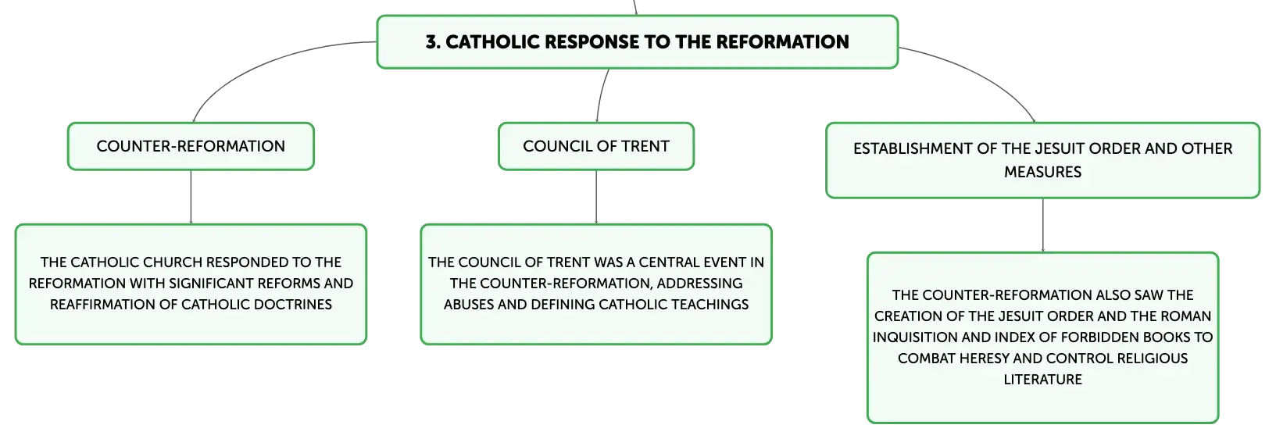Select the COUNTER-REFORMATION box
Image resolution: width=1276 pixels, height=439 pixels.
point(191,146)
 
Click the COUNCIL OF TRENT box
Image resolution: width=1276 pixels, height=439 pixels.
point(596,146)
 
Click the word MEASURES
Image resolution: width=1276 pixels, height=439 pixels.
point(1042,172)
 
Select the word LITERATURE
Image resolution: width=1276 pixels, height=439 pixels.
point(1042,379)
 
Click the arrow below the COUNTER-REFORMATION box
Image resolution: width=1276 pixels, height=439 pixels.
point(191,197)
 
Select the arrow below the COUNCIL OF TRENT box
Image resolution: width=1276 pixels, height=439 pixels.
point(596,197)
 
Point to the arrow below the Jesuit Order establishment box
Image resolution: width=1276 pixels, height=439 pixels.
point(1043,226)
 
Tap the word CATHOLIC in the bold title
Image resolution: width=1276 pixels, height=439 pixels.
point(493,42)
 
